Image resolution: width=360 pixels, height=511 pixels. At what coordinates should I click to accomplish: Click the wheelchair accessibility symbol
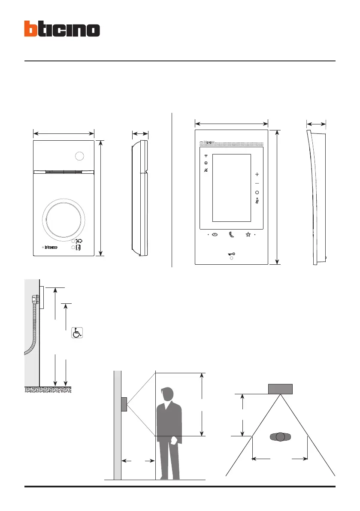(x=77, y=333)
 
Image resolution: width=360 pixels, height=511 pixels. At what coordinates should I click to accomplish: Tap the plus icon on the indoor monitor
(x=257, y=175)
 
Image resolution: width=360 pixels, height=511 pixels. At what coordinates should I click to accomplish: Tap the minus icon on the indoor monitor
(x=257, y=184)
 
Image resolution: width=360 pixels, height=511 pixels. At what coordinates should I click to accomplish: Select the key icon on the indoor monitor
(x=232, y=254)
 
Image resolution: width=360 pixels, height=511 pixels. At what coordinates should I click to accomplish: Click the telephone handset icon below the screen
(x=232, y=235)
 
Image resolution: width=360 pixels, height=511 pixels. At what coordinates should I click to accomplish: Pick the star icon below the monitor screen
(x=248, y=235)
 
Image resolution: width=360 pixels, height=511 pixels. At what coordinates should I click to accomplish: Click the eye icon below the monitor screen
(x=215, y=235)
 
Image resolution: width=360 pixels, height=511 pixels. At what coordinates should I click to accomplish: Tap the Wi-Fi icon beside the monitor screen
(x=206, y=156)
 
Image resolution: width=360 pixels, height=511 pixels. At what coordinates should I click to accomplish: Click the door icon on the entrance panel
(x=79, y=248)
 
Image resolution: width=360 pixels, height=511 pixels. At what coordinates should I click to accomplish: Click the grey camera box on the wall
(x=124, y=405)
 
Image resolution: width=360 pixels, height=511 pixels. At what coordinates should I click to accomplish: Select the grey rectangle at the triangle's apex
(x=280, y=389)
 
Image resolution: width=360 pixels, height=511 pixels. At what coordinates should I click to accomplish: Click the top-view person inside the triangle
(x=280, y=437)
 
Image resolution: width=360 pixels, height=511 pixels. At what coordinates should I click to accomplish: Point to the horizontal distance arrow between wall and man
(x=138, y=461)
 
